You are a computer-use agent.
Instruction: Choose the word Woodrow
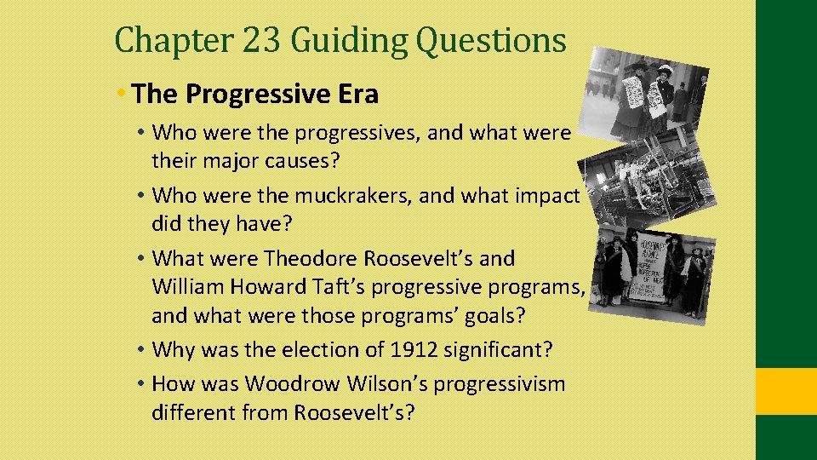click(x=291, y=384)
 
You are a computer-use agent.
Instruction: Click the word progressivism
click(x=500, y=384)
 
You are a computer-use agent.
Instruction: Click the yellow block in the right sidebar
click(x=786, y=391)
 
